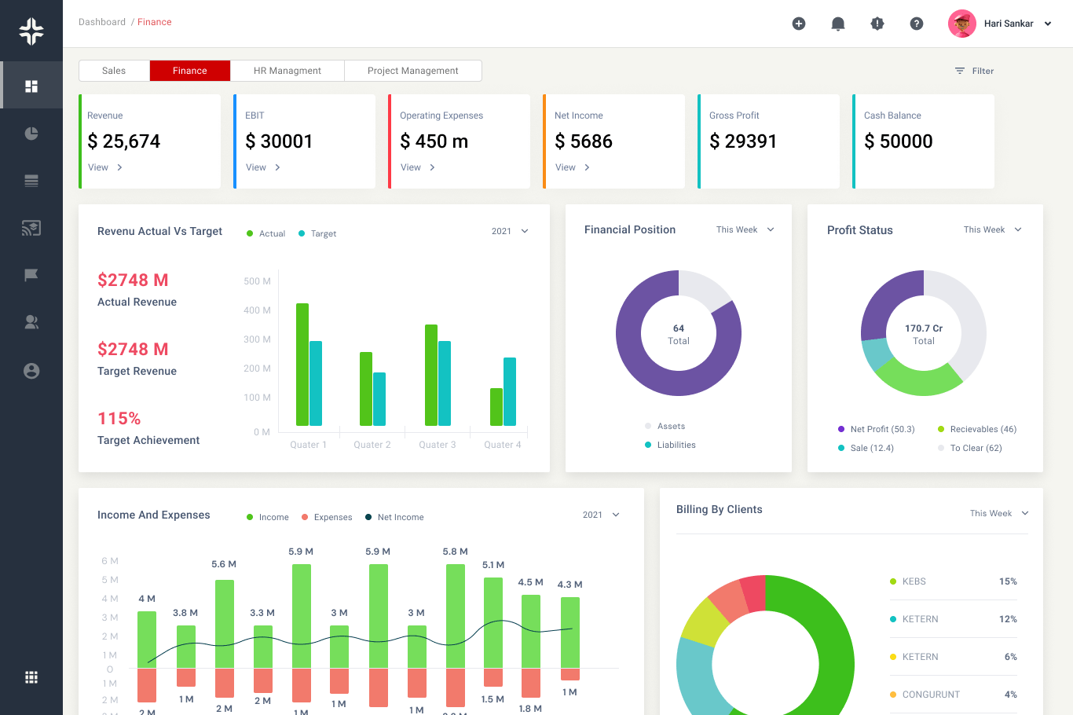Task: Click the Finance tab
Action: click(190, 71)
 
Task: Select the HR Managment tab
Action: click(287, 71)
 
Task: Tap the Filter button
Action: click(974, 71)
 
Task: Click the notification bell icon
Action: click(838, 24)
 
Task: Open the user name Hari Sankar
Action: click(1009, 24)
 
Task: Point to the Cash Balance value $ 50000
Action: click(899, 141)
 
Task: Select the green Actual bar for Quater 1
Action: click(302, 365)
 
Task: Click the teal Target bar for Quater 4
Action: click(510, 391)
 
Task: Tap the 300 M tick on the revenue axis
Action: click(257, 339)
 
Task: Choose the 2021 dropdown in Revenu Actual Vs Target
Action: click(510, 231)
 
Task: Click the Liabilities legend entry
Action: click(676, 445)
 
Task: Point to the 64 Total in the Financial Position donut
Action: click(679, 334)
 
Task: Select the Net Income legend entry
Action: click(400, 517)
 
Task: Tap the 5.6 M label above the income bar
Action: click(224, 564)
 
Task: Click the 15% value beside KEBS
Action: click(1008, 581)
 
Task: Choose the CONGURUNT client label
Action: click(931, 695)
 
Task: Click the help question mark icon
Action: click(917, 24)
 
